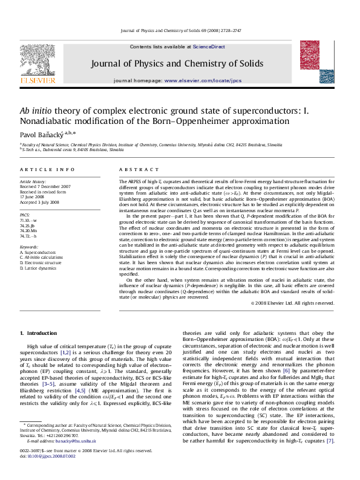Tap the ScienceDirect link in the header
(209, 47)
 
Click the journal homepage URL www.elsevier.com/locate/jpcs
(203, 80)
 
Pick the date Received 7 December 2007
(45, 187)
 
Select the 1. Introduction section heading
(38, 332)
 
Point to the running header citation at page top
(180, 30)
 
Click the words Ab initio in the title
(36, 111)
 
